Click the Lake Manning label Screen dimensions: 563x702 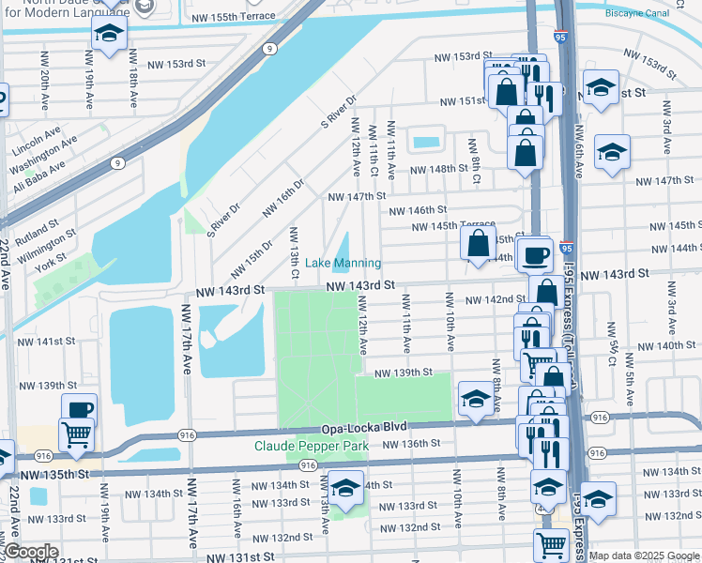click(343, 263)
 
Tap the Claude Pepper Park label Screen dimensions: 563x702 click(311, 446)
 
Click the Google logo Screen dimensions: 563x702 click(32, 552)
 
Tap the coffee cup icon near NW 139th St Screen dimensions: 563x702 click(79, 409)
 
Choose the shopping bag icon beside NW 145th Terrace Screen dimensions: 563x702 click(478, 244)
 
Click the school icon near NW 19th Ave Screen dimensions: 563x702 click(109, 35)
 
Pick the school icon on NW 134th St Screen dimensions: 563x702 click(346, 490)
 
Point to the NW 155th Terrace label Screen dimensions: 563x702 click(233, 17)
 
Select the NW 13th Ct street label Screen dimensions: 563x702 click(294, 252)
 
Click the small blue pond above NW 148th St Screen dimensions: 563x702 click(426, 143)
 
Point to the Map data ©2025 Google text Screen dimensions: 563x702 click(644, 555)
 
